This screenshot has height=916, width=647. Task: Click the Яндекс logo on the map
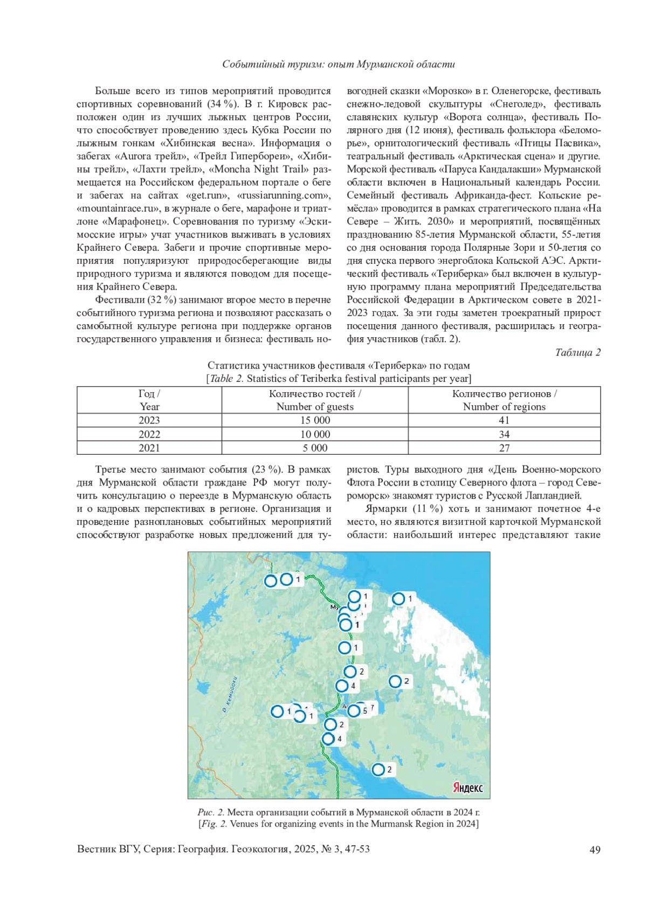point(467,787)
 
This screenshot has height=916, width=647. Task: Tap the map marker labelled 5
point(354,710)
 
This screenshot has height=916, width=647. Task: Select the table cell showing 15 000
point(315,420)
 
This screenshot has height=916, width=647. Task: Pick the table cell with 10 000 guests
point(315,434)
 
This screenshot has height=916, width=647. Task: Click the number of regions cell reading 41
point(504,420)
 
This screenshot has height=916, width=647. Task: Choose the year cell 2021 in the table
point(149,448)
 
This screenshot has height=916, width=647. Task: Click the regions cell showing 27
point(504,448)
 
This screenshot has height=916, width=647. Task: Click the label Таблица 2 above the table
point(577,352)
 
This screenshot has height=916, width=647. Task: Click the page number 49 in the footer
point(595,850)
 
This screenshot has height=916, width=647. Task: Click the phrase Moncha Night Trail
point(259,169)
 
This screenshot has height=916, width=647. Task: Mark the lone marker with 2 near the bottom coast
point(378,769)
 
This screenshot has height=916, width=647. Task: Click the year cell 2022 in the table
point(149,434)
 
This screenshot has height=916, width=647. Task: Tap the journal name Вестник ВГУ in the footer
point(108,849)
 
